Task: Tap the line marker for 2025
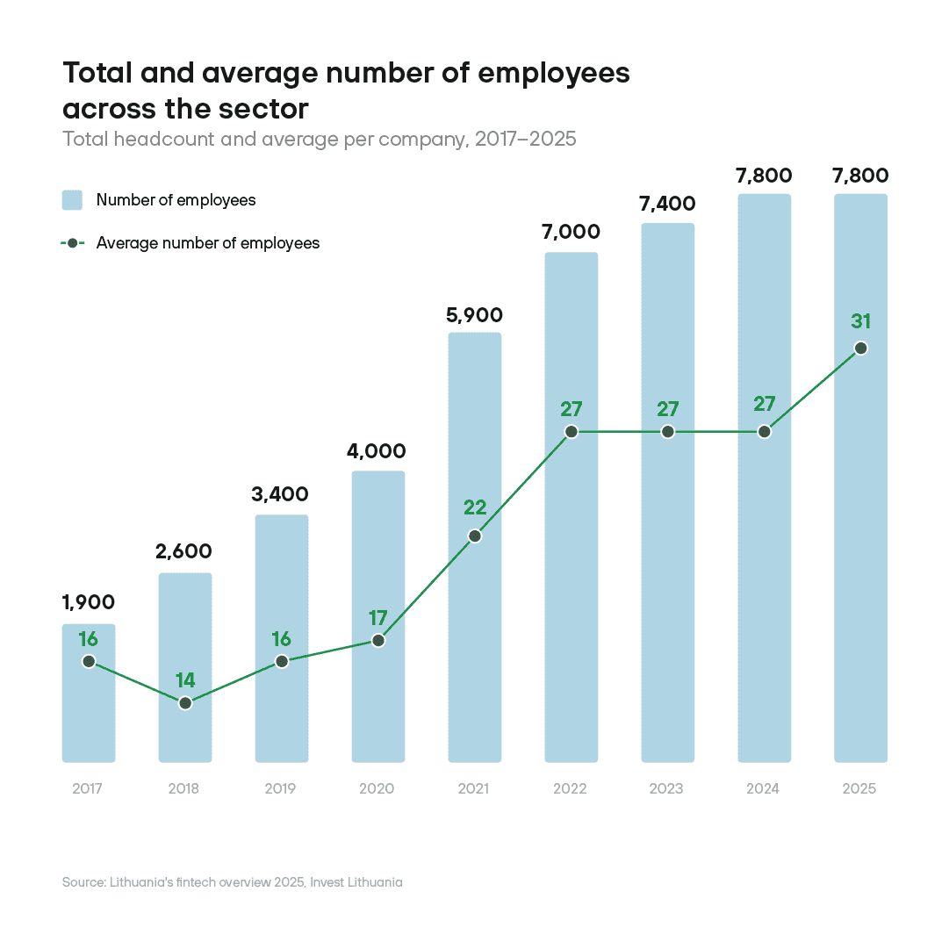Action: (x=860, y=349)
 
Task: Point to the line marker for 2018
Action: (x=185, y=703)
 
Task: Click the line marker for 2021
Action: (x=475, y=536)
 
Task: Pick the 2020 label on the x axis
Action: (x=377, y=788)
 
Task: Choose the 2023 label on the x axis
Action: (x=666, y=788)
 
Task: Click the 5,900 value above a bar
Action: (x=475, y=314)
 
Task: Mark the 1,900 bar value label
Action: (x=89, y=602)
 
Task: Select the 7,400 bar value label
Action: (x=667, y=204)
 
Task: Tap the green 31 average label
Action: (x=860, y=321)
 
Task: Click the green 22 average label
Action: (x=475, y=507)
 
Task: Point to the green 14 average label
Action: (x=185, y=679)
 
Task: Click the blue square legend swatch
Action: (x=72, y=200)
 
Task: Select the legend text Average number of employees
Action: (x=208, y=243)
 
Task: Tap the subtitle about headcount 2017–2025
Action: (x=320, y=139)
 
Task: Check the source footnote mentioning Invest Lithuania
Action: (x=233, y=882)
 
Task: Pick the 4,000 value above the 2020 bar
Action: (x=377, y=451)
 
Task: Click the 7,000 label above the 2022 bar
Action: (x=571, y=232)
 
